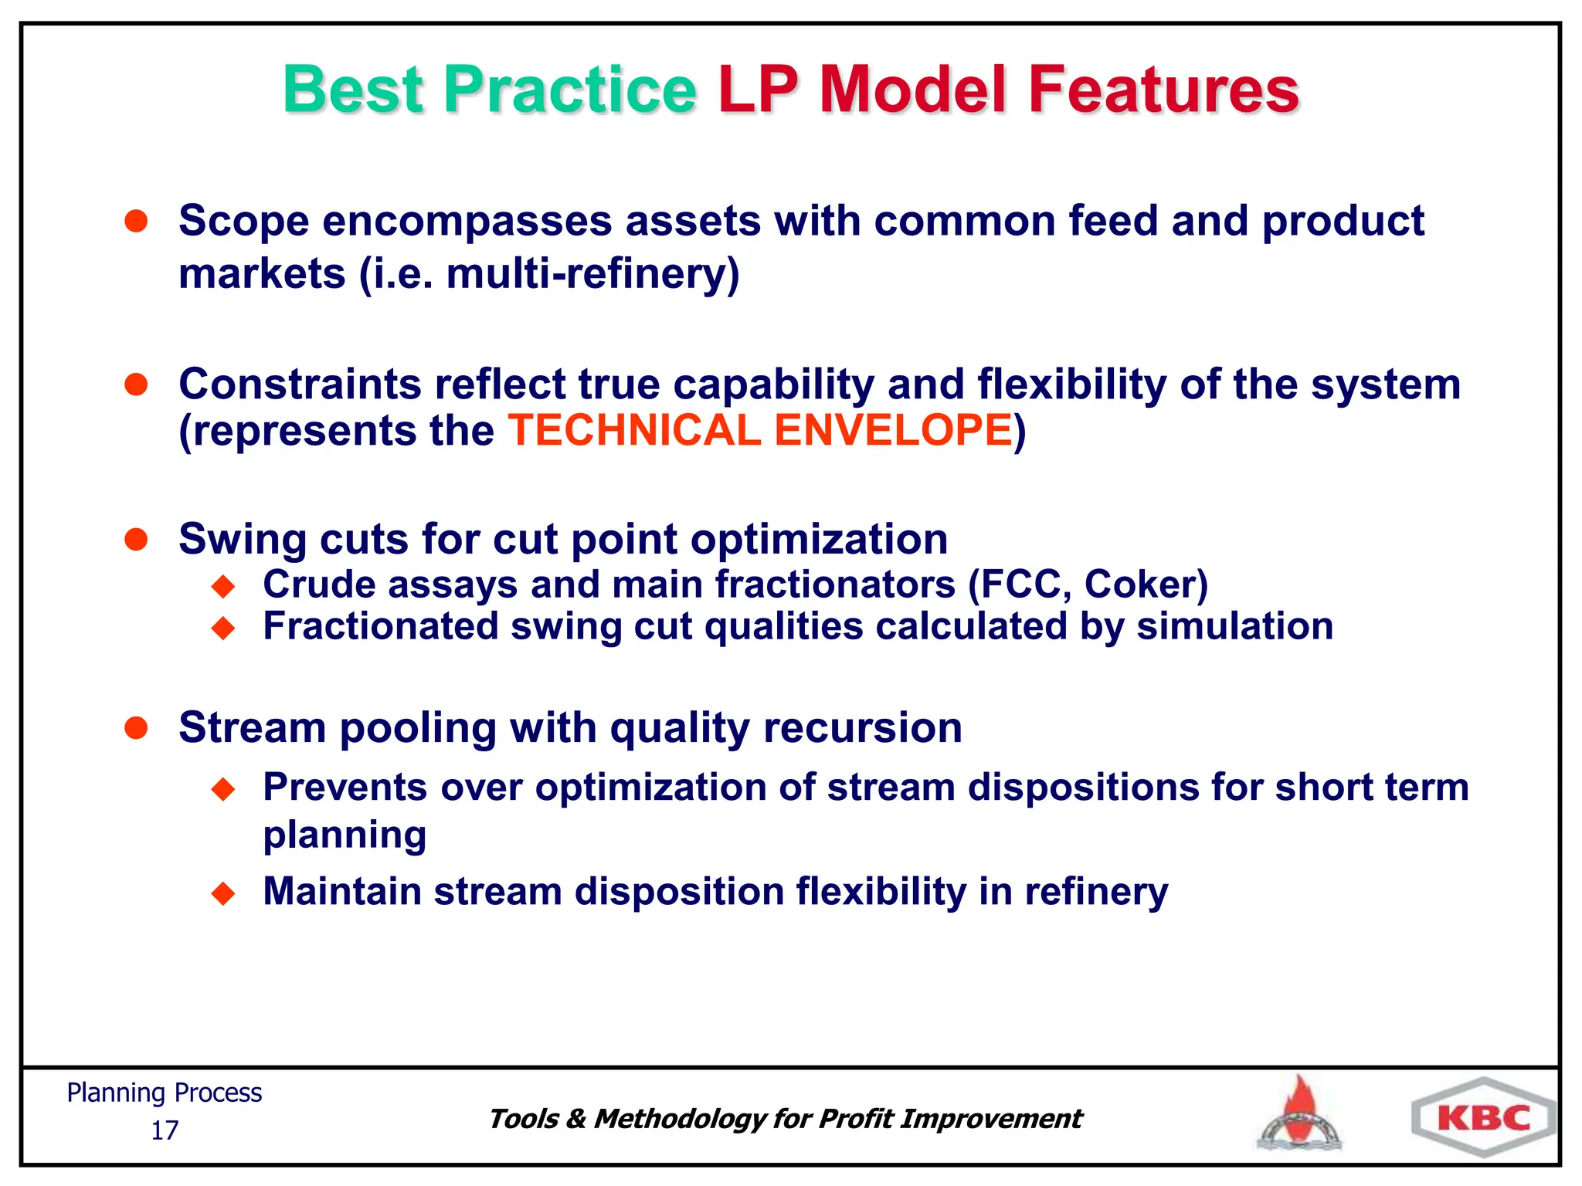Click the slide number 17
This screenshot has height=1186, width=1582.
pos(164,1130)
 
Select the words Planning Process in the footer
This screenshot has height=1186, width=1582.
pos(164,1093)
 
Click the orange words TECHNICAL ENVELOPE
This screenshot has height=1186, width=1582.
pos(760,430)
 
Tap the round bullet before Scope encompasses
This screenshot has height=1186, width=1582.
pos(136,222)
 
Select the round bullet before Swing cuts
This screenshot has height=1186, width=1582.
pos(136,539)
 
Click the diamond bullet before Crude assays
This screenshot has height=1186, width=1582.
pos(223,587)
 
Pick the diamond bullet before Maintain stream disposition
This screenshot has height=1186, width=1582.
pos(223,894)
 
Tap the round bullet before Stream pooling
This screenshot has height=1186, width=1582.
pos(136,728)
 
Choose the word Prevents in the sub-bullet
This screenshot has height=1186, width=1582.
pos(345,788)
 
